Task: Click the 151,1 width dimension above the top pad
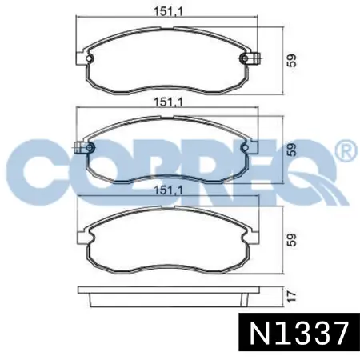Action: pos(168,11)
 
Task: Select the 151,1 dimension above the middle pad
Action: pos(168,102)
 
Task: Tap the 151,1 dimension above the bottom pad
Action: pos(168,190)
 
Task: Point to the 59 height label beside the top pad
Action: pos(292,61)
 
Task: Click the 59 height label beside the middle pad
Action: pos(292,150)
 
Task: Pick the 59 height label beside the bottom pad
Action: pos(292,240)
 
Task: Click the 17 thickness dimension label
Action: pos(292,296)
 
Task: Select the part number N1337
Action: pos(299,333)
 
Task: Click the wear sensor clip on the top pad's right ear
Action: pos(255,58)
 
